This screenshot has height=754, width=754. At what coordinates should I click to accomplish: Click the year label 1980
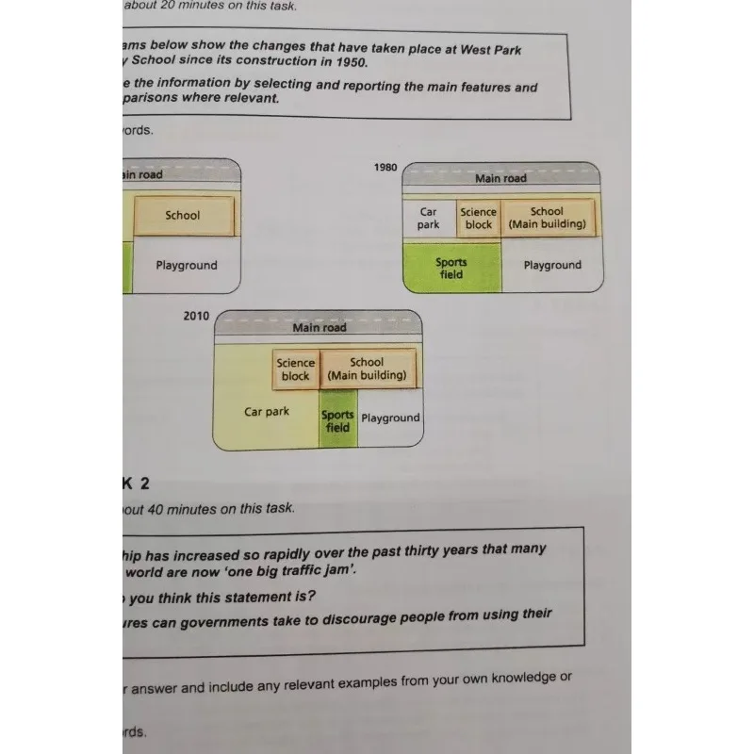(385, 167)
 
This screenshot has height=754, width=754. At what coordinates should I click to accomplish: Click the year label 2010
(197, 317)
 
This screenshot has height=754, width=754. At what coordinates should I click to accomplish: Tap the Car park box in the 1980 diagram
(429, 219)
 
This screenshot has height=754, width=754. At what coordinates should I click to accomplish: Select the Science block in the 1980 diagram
(479, 219)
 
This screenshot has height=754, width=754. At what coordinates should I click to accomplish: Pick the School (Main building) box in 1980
(547, 218)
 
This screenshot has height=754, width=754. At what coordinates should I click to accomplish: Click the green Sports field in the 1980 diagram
(451, 269)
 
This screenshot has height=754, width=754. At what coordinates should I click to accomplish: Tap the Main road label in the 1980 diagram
(500, 178)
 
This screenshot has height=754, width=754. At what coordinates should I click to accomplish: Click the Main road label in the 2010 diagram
(320, 328)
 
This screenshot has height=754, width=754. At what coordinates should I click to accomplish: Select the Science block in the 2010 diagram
(296, 369)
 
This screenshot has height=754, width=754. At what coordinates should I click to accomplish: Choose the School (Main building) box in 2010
(367, 369)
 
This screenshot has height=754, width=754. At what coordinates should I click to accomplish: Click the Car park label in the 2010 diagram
(267, 412)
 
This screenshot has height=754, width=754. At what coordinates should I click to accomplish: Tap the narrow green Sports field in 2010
(337, 421)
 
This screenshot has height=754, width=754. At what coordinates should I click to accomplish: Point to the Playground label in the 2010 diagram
(390, 418)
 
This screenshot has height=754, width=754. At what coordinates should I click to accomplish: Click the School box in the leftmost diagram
(183, 215)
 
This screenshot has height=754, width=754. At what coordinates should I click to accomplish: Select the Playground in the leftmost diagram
(187, 266)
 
